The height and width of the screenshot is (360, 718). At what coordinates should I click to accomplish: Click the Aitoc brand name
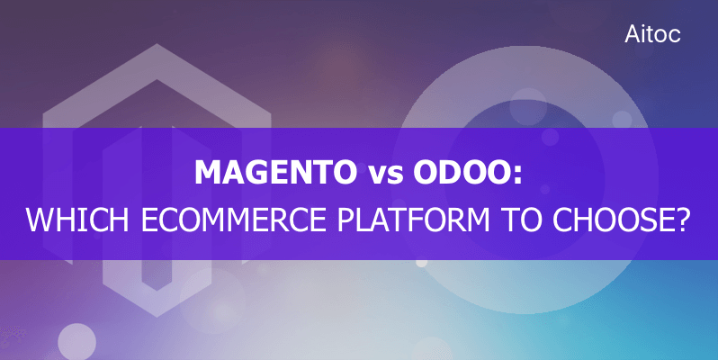(652, 34)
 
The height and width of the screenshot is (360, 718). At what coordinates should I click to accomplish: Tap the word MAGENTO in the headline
(276, 173)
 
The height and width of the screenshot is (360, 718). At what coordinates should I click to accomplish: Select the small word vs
(385, 175)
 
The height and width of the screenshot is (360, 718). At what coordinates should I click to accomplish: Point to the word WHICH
(77, 220)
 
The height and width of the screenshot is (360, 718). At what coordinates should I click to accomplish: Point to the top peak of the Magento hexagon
(157, 44)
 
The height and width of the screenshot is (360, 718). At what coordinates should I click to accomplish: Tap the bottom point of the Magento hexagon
(157, 316)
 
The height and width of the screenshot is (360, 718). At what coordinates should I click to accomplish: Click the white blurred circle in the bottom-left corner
(76, 342)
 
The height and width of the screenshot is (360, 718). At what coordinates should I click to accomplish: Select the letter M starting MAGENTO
(209, 173)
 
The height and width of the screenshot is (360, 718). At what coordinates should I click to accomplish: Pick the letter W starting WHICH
(38, 220)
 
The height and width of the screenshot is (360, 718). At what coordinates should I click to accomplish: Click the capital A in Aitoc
(633, 34)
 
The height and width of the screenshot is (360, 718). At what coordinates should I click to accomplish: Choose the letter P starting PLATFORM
(346, 220)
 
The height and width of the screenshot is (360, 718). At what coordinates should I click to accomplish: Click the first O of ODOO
(424, 173)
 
